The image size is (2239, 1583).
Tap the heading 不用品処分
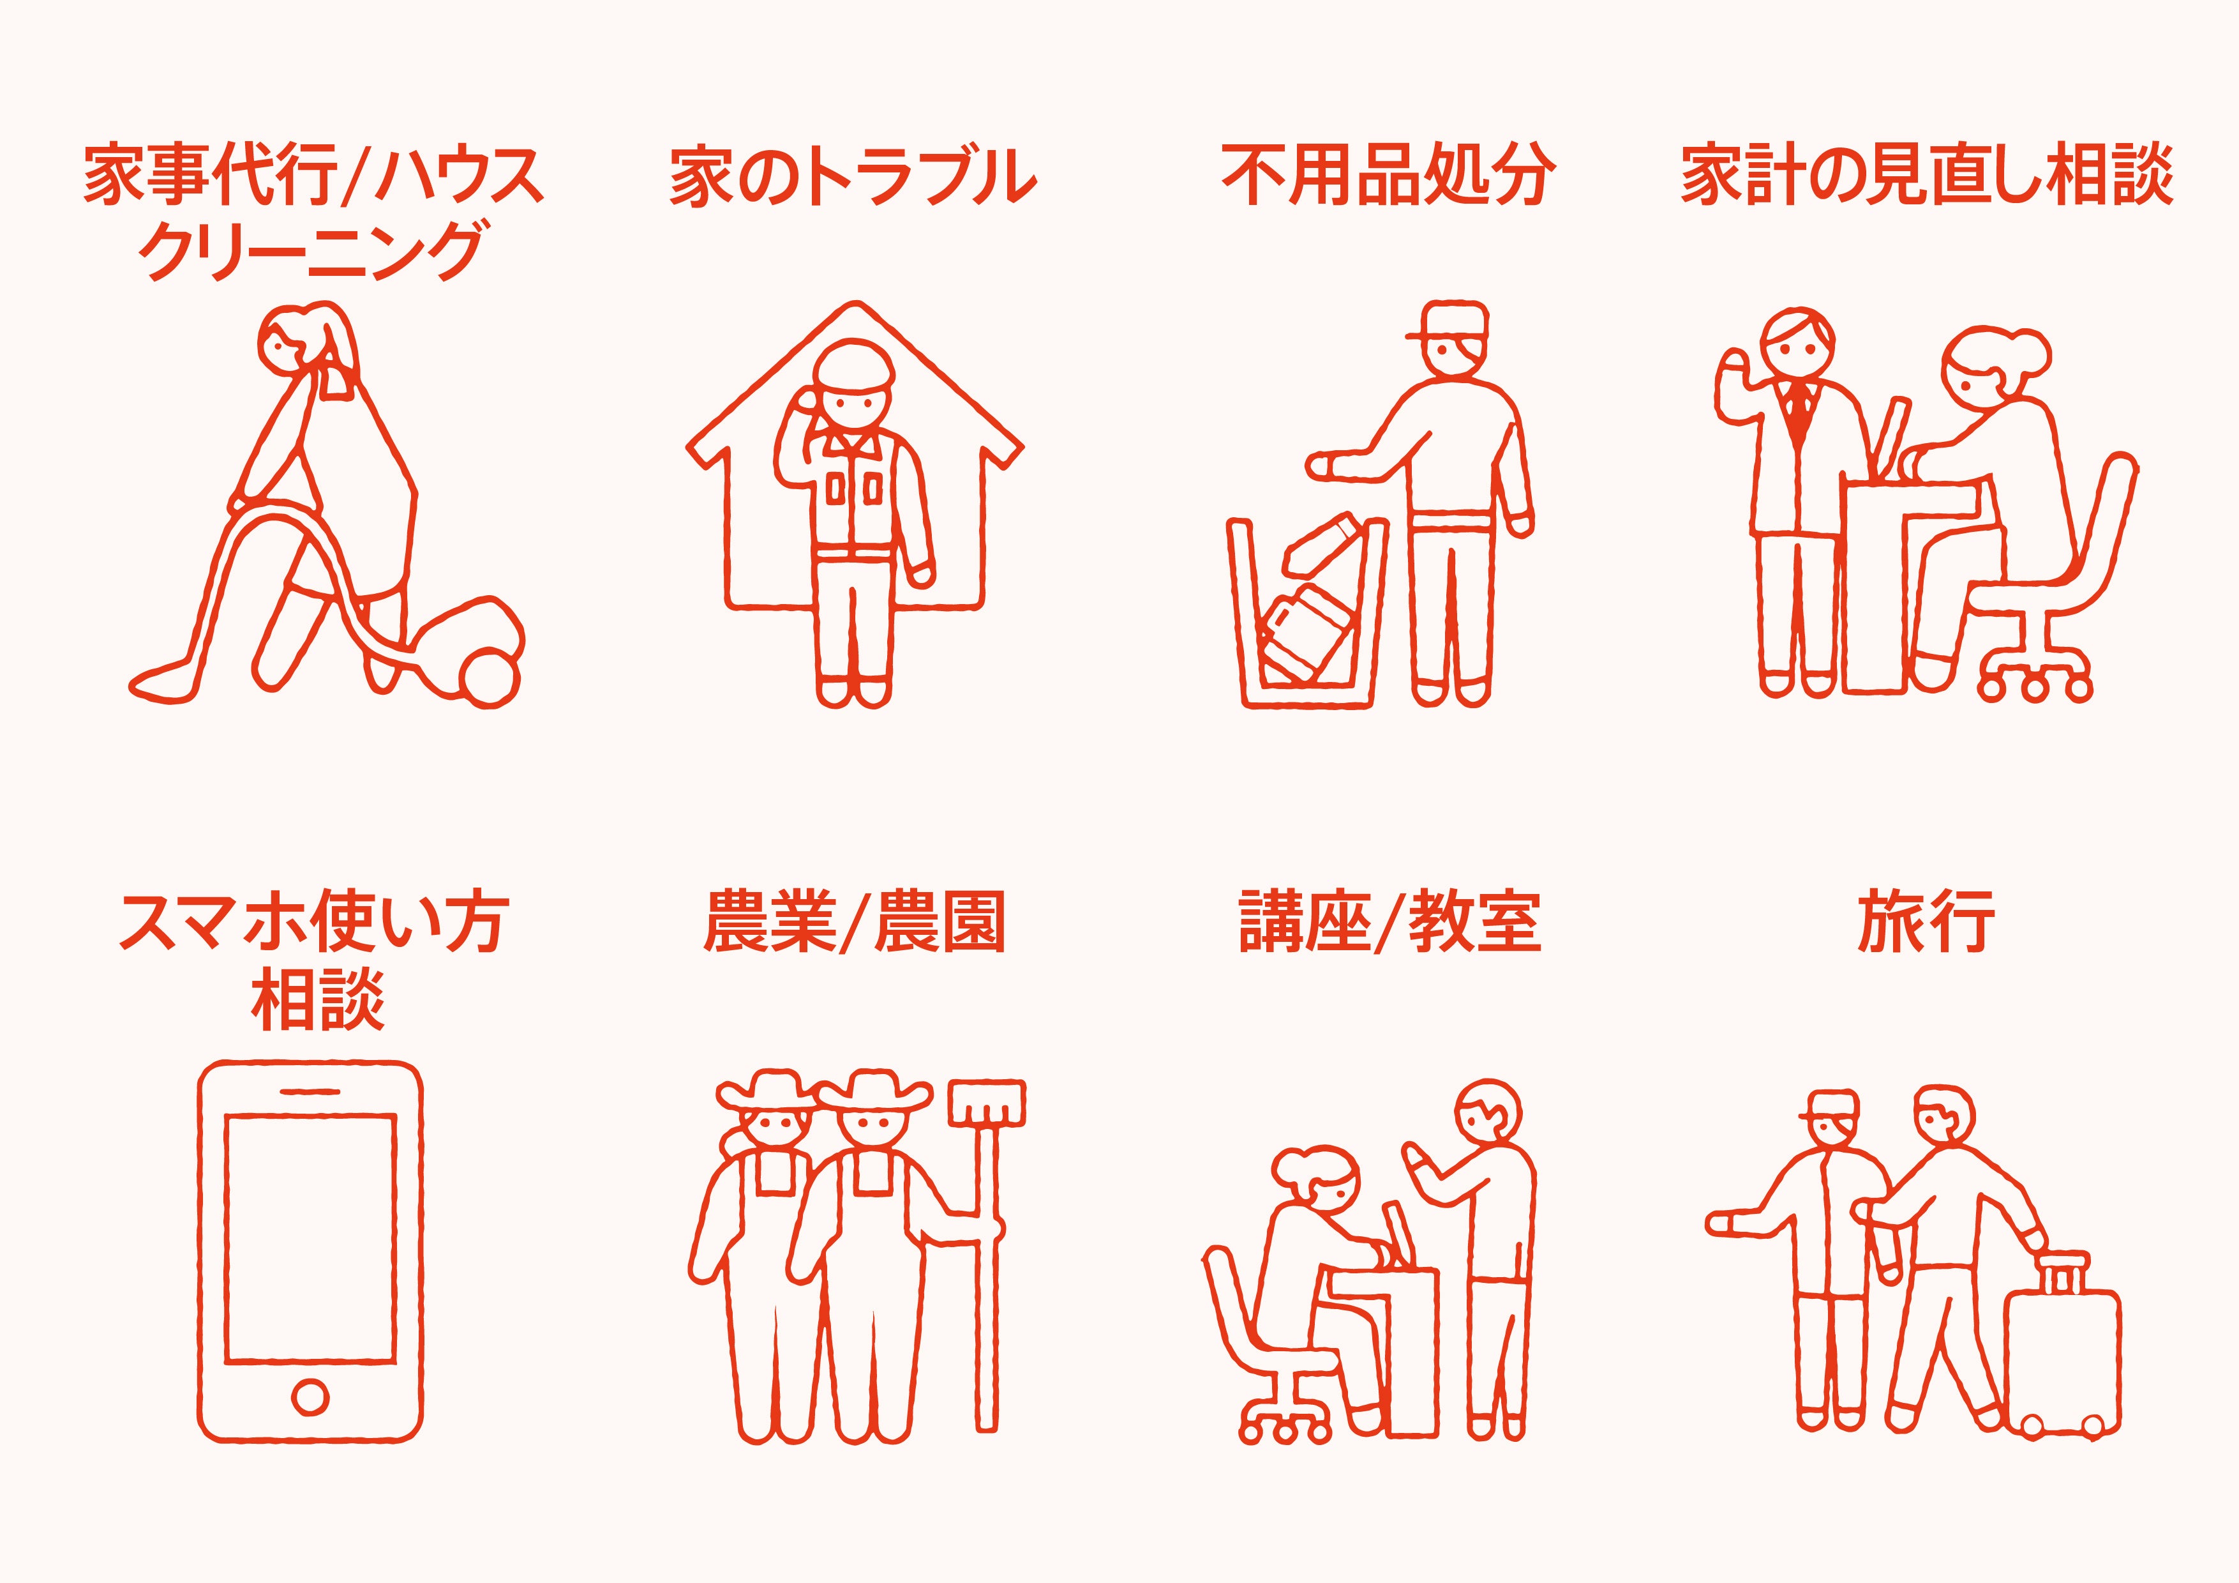click(x=1389, y=176)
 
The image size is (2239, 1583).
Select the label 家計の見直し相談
click(x=1926, y=176)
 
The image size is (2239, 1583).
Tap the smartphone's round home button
click(x=310, y=1397)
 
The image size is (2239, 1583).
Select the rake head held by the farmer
click(x=987, y=1102)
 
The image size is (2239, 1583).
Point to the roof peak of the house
click(x=856, y=307)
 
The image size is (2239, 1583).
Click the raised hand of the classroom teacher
click(x=1419, y=1162)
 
